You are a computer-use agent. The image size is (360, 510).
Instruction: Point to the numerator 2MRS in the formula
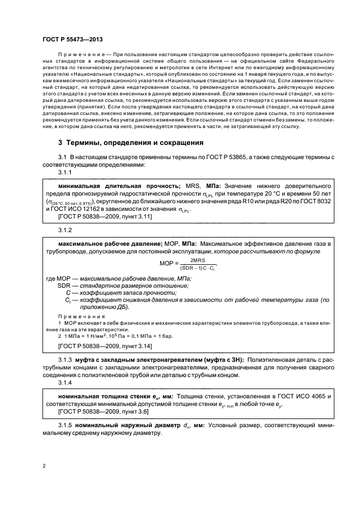(x=190, y=261)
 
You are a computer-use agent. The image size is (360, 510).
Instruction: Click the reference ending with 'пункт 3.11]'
(x=97, y=216)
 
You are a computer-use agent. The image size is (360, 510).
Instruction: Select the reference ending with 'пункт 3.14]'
(x=97, y=346)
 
